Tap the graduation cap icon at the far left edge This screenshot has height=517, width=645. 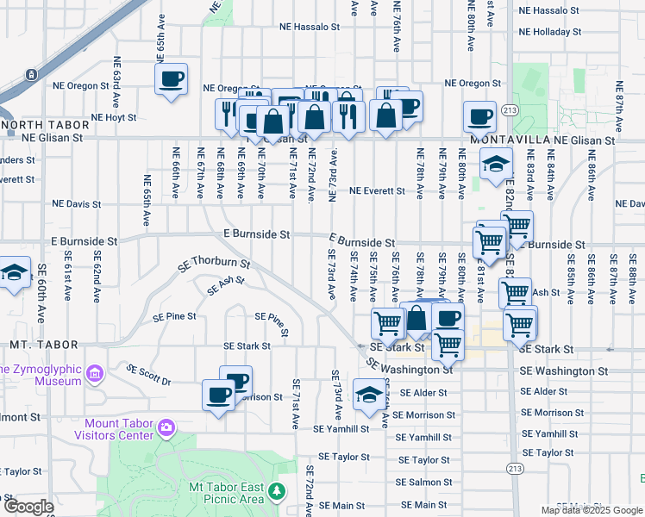pos(15,274)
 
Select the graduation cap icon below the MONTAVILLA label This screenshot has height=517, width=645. pos(496,164)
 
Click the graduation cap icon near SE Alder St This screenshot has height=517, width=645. pos(369,396)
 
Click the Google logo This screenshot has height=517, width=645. pos(28,507)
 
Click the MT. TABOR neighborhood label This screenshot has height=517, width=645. pos(33,345)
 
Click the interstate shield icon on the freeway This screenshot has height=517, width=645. pos(30,75)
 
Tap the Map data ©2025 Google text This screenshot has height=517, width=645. pos(591,510)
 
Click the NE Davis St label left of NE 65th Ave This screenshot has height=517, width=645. pos(77,204)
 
